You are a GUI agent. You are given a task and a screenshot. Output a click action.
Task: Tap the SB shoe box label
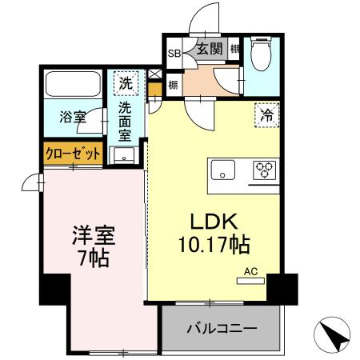pos(174,54)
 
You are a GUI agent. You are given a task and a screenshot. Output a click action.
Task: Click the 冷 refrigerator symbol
pos(267,115)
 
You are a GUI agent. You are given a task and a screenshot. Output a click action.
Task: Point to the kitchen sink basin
pos(222,170)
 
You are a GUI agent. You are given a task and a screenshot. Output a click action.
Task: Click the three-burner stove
pos(263,170)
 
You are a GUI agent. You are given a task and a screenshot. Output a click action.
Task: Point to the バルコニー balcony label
pos(222,329)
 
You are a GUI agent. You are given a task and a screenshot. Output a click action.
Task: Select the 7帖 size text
pos(94,258)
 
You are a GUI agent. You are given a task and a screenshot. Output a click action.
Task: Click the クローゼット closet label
pos(73,153)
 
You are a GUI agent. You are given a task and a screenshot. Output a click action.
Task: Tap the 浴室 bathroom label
pos(73,118)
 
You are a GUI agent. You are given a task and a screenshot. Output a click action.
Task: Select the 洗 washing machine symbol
pos(126,82)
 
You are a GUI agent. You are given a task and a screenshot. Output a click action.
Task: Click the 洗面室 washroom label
pos(126,120)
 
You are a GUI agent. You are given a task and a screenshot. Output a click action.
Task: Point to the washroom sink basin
pos(125,156)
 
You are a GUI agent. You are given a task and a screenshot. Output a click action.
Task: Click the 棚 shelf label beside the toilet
pos(234,50)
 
